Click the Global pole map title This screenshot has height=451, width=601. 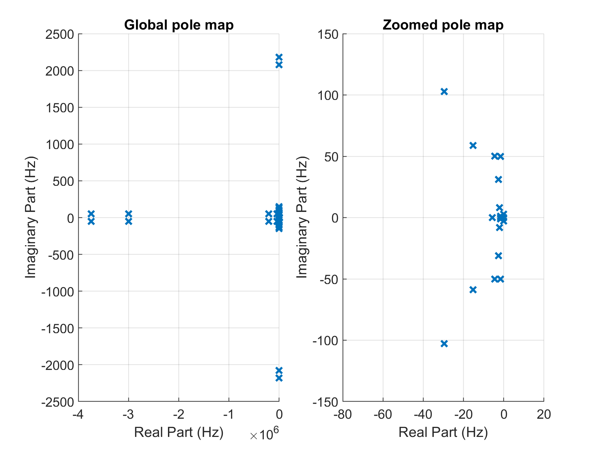point(179,25)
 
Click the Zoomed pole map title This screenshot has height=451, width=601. point(443,25)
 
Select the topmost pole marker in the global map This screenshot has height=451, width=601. point(279,57)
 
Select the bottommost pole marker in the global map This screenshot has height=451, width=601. point(279,378)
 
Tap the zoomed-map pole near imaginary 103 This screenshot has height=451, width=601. point(444,92)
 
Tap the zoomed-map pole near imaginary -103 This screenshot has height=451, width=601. point(444,343)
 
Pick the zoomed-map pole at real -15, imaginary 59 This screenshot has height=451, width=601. point(473,146)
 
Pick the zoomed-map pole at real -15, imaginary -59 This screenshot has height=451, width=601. point(473,290)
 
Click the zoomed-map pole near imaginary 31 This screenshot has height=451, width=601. point(498,180)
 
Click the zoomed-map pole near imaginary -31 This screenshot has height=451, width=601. point(498,256)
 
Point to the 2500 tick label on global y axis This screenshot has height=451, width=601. point(60,34)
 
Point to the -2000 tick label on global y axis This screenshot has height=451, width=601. point(58,365)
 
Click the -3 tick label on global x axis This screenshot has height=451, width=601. point(128,415)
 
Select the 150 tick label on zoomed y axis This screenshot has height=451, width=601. point(328,34)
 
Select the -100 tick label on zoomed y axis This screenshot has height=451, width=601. point(325,341)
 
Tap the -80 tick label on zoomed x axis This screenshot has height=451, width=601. point(342,415)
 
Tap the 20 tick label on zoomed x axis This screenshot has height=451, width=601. point(544,415)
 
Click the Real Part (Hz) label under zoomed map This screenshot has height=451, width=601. point(443,432)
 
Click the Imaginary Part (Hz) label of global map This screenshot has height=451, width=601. point(31,217)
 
